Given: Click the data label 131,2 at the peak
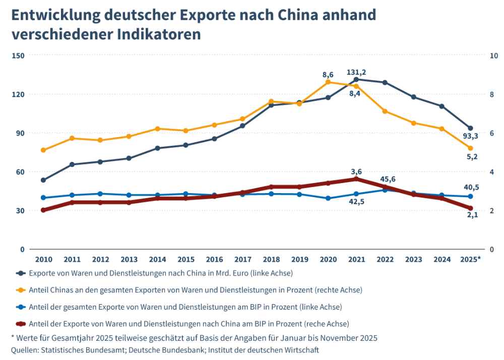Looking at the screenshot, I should (357, 72).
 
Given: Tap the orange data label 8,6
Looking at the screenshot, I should (328, 75).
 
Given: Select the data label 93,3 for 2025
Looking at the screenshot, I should (470, 137).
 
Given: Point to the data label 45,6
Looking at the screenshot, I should (387, 179).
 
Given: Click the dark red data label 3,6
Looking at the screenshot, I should (356, 171).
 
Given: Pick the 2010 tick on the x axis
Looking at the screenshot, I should (43, 259).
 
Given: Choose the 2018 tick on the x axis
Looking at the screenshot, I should (271, 259).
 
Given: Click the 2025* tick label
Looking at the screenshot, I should (471, 259).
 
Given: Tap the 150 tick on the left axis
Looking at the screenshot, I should (18, 55).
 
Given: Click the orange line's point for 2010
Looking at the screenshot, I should (43, 150).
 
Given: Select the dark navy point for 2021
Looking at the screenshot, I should (356, 79).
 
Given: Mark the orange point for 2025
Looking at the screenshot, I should (470, 148).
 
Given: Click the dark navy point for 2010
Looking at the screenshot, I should (43, 180).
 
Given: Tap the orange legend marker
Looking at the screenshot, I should (21, 290).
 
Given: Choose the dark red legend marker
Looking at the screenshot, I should (21, 323).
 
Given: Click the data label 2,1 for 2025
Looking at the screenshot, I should (472, 215).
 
